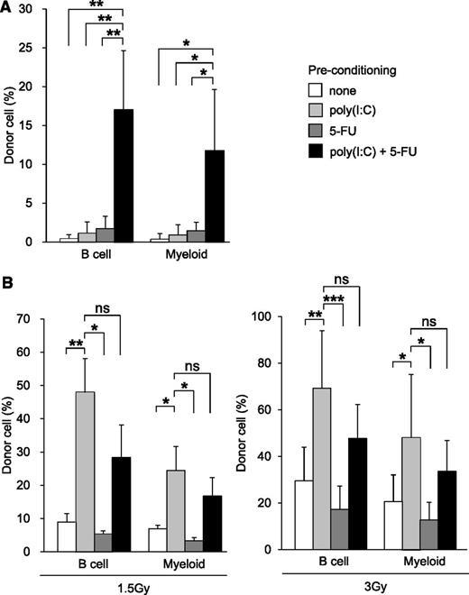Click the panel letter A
[9, 9]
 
